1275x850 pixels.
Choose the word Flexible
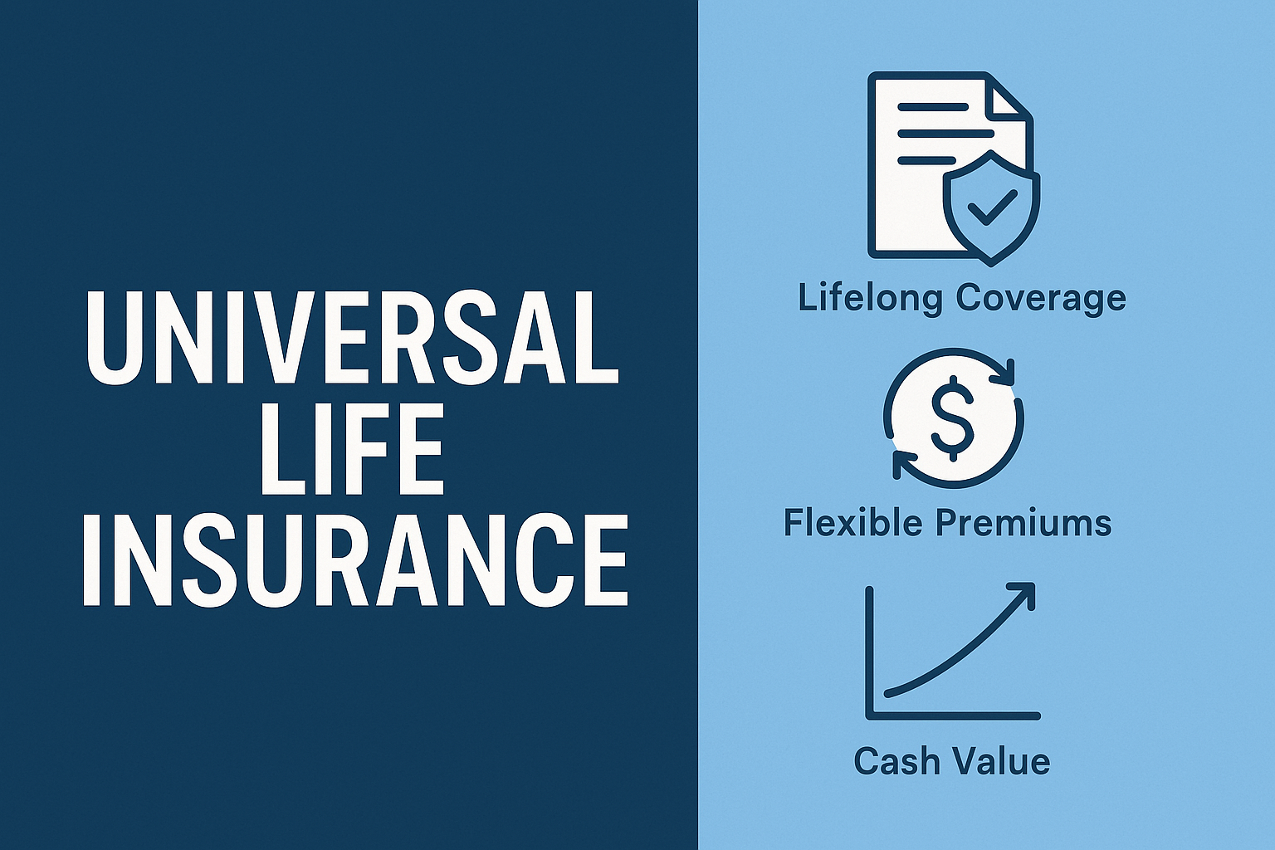pyautogui.click(x=852, y=523)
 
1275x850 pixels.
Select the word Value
pyautogui.click(x=1004, y=760)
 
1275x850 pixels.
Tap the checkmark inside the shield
pyautogui.click(x=991, y=208)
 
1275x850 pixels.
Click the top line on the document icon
pyautogui.click(x=932, y=108)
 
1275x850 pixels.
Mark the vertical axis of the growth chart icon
pyautogui.click(x=870, y=652)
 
